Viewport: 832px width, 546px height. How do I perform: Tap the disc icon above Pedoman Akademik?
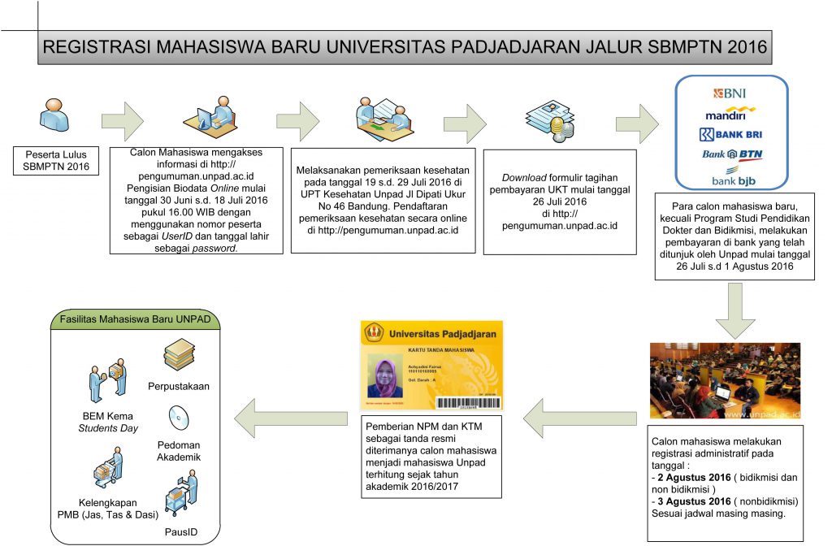pyautogui.click(x=179, y=417)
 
